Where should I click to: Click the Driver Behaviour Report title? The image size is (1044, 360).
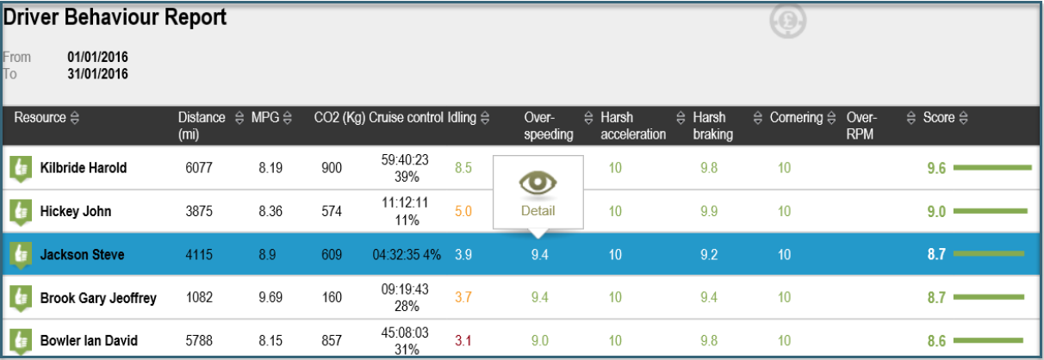(x=115, y=18)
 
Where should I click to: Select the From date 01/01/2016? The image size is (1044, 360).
(x=97, y=57)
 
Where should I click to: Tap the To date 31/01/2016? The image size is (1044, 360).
(x=97, y=73)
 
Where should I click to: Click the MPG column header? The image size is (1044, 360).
(x=264, y=117)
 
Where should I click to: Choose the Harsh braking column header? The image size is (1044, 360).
(x=712, y=126)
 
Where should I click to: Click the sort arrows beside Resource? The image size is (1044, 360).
(x=75, y=117)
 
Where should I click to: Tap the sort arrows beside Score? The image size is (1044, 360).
(x=963, y=117)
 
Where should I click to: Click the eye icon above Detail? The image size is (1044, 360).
(x=538, y=183)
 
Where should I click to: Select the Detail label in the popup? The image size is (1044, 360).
(x=538, y=211)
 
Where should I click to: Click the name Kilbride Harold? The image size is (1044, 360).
(x=84, y=168)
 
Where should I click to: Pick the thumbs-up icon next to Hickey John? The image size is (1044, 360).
(x=21, y=212)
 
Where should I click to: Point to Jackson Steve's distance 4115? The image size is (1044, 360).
(x=199, y=255)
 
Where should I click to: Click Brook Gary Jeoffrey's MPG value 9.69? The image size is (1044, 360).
(x=270, y=297)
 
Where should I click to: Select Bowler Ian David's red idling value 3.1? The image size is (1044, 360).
(x=463, y=340)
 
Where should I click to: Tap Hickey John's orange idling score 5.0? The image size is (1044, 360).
(x=463, y=212)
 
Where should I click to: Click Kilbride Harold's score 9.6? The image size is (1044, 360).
(x=936, y=168)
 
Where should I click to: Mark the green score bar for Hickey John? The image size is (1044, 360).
(x=991, y=211)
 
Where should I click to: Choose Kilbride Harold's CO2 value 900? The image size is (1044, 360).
(x=332, y=168)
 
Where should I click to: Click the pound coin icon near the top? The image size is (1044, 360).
(x=787, y=21)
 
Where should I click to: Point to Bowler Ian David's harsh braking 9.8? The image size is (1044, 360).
(x=708, y=340)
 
